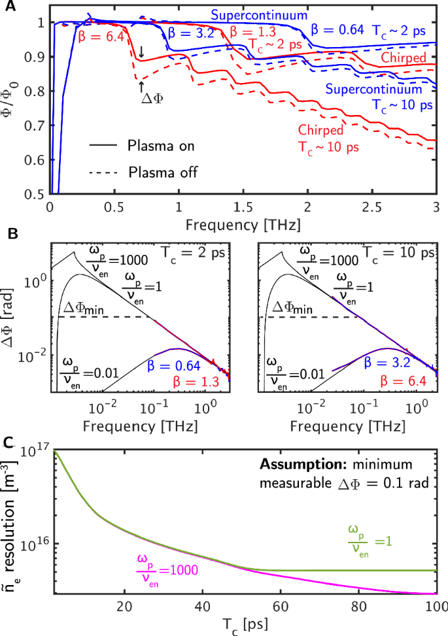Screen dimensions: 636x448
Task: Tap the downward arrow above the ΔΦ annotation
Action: (x=142, y=52)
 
